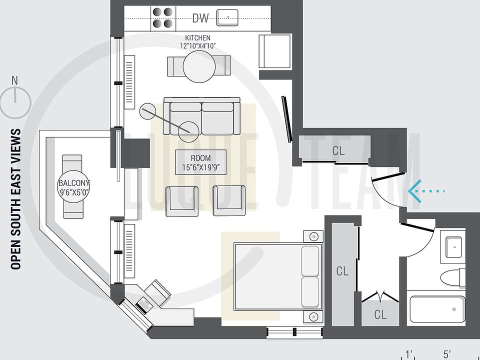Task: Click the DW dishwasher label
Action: pyautogui.click(x=200, y=18)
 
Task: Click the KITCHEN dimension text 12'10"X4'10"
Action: pyautogui.click(x=198, y=45)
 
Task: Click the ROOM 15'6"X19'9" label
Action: pyautogui.click(x=200, y=162)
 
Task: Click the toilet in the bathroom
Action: pyautogui.click(x=452, y=276)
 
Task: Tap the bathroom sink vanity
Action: pyautogui.click(x=453, y=245)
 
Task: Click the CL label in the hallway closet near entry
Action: pyautogui.click(x=338, y=150)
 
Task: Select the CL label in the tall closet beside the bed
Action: pyautogui.click(x=342, y=271)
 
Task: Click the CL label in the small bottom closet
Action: pyautogui.click(x=380, y=315)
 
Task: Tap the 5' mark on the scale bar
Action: pyautogui.click(x=447, y=353)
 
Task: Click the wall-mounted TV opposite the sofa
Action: pyautogui.click(x=286, y=120)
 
